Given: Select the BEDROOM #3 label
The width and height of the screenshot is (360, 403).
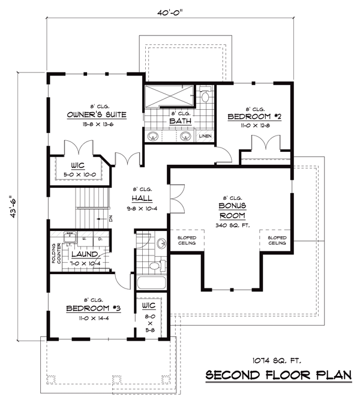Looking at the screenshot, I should [x=93, y=308].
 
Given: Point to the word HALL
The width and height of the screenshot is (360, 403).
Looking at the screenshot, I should [x=142, y=198].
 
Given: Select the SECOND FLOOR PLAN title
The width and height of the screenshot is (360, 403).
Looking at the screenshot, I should [x=280, y=375].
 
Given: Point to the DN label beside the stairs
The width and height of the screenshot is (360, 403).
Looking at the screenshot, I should [x=110, y=219].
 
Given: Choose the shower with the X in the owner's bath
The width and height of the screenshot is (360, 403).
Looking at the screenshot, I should [x=169, y=95].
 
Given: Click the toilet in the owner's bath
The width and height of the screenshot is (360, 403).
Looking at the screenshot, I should [x=205, y=96].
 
